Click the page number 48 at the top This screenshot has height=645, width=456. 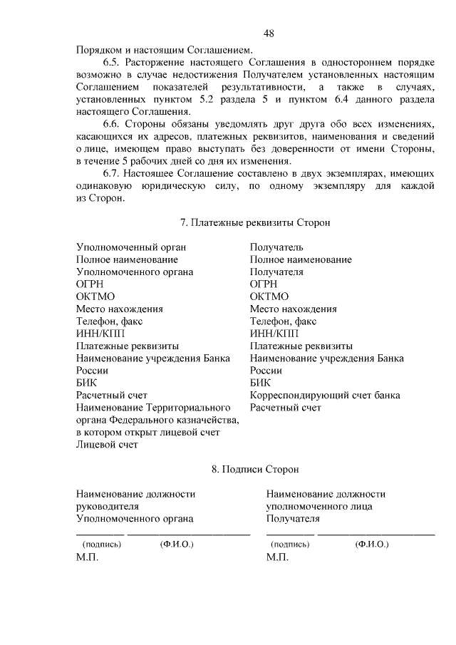tap(269, 33)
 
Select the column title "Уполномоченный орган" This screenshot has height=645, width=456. tap(131, 247)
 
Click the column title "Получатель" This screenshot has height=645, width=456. tap(276, 247)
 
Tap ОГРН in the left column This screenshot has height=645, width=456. tap(90, 284)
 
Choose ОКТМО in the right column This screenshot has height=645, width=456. tap(269, 296)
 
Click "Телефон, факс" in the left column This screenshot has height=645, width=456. tap(109, 321)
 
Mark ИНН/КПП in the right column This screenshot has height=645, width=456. tap(274, 334)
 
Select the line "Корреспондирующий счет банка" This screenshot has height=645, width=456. tap(325, 395)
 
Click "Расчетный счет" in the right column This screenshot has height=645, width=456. tap(286, 408)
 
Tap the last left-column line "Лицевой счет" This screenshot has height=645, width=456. tap(107, 445)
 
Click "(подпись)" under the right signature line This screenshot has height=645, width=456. tap(290, 544)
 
